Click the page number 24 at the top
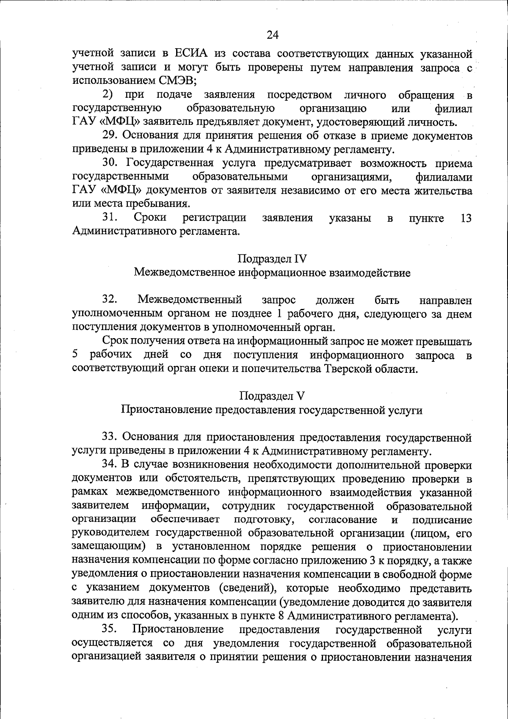pos(272,35)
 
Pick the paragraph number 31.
pos(110,218)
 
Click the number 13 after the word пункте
pos(465,218)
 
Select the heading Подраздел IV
pos(272,259)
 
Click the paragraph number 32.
pos(110,300)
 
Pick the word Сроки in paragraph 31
pos(150,218)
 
